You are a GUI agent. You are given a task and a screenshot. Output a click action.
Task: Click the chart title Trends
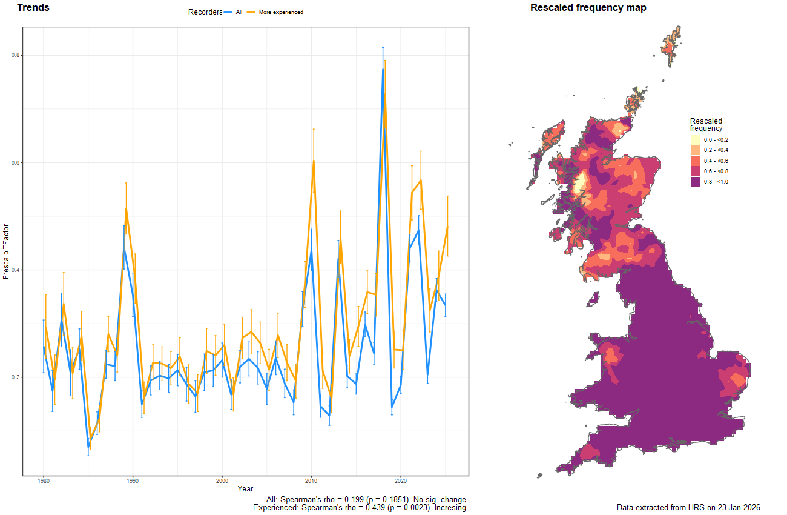coord(33,8)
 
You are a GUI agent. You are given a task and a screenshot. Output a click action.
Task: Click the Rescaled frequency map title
coord(588,8)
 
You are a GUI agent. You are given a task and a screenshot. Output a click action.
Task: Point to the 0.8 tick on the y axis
coord(16,55)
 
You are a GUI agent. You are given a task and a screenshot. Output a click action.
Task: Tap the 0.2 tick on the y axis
coord(16,377)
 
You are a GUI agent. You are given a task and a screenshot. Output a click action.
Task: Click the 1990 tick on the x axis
coord(133,481)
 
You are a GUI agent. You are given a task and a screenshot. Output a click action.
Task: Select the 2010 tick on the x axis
coord(311,481)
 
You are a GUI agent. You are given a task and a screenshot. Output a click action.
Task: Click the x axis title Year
coord(245,488)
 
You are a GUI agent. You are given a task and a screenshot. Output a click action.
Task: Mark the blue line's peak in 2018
coord(383,70)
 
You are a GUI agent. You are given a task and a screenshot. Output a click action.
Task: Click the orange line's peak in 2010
coord(314,160)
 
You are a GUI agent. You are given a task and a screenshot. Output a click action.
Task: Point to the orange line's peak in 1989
coord(126,208)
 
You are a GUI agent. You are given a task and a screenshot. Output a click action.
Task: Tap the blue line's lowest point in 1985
coord(88,447)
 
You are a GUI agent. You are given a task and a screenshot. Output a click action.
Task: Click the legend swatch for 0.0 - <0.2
coord(695,140)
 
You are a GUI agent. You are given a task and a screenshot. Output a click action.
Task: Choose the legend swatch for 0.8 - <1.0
coord(695,182)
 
